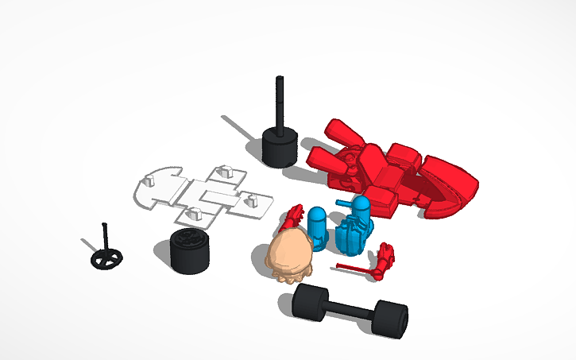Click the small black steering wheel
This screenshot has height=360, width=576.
point(106,259)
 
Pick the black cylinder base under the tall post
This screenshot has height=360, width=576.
point(279,148)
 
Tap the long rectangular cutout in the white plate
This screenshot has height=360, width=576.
point(216,195)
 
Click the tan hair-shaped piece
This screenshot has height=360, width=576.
point(289,256)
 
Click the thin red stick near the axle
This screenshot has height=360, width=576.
point(354,268)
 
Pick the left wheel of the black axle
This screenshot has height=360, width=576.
point(310,303)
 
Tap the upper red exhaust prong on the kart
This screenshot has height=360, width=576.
point(343,130)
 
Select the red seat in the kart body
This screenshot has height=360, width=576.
point(388,176)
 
